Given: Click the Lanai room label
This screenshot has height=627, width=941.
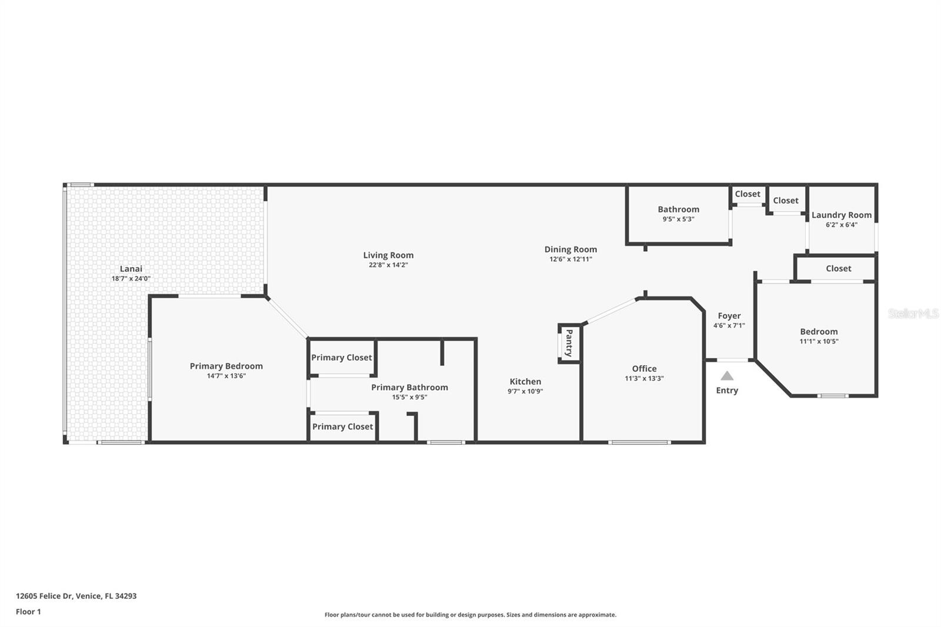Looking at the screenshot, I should tap(131, 269).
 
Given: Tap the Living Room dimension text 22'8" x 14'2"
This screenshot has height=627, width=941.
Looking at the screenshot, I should tap(388, 265).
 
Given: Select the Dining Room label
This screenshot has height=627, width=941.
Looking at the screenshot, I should tap(570, 249).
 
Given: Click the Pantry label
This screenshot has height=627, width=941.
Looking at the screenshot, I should tap(569, 343).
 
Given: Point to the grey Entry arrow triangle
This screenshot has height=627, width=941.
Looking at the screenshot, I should tap(727, 376).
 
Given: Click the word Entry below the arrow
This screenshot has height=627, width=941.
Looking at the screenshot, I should tap(727, 391).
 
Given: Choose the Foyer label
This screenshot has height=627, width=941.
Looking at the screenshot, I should tap(729, 316).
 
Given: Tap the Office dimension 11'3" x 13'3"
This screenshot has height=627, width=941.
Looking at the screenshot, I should tap(644, 379).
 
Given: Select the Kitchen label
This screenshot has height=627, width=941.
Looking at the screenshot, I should tap(525, 382).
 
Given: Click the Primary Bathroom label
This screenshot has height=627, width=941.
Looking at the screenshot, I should tap(409, 387).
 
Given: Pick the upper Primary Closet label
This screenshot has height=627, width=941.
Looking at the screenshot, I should tap(341, 358).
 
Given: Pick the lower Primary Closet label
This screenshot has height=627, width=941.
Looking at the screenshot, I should tap(342, 426).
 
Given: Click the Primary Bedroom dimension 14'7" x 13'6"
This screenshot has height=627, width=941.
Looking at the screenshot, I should tap(226, 376).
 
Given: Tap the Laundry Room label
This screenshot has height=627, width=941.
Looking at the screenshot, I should tap(841, 215).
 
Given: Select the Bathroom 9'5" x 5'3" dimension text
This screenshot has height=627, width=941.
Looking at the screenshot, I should tap(678, 219).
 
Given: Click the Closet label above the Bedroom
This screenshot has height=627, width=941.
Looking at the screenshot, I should tap(838, 268).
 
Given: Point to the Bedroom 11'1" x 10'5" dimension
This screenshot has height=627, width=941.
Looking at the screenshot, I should tap(819, 341).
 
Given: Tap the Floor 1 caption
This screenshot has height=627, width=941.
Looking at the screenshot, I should tap(28, 612).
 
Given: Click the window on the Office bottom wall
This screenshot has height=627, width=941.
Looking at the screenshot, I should tap(639, 442).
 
